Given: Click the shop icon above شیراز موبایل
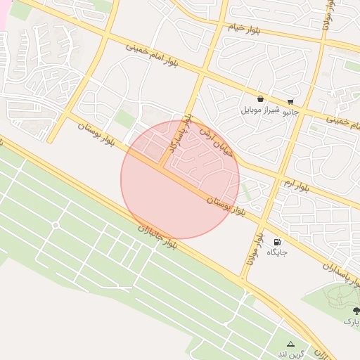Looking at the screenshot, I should click(261, 99).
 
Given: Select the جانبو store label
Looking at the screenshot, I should click(290, 111).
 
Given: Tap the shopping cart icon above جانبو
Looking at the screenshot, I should click(290, 101).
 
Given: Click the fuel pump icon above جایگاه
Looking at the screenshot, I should click(276, 240).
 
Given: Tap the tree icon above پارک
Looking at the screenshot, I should click(356, 310).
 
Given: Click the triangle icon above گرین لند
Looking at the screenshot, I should click(290, 341).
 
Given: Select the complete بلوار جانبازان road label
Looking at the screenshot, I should click(158, 237).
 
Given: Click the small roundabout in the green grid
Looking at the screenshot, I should click(56, 225).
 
